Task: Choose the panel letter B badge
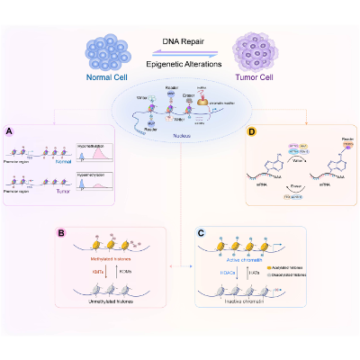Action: (x=60, y=232)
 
